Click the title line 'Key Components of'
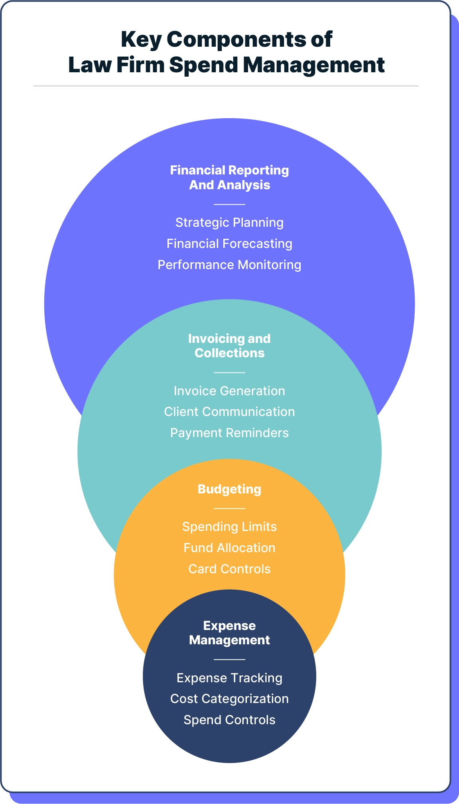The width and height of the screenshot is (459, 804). click(x=226, y=40)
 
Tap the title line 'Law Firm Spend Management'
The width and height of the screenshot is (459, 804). click(x=226, y=65)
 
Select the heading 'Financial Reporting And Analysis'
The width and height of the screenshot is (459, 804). click(x=229, y=178)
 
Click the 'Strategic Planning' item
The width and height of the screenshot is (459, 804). click(x=229, y=222)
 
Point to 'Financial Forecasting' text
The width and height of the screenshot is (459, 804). click(x=229, y=244)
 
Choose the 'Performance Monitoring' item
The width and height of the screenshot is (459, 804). click(x=229, y=265)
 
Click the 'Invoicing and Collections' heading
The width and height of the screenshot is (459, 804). click(x=229, y=346)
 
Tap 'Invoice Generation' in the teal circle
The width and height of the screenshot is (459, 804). click(x=229, y=391)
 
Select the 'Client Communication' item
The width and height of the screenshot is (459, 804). click(x=229, y=412)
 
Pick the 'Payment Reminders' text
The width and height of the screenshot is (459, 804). click(x=229, y=433)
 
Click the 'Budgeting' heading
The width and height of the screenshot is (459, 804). click(x=229, y=489)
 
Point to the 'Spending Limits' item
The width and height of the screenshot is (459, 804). click(x=229, y=527)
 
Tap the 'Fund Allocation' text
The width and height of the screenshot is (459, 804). click(x=229, y=548)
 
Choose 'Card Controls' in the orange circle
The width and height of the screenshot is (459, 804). click(x=229, y=569)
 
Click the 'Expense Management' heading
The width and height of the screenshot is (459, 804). click(x=229, y=633)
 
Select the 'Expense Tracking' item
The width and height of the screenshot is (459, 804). click(x=229, y=678)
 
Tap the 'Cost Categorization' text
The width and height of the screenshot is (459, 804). click(x=229, y=699)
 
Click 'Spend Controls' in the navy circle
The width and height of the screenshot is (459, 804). click(x=229, y=720)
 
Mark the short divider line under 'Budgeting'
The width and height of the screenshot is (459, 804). click(x=229, y=509)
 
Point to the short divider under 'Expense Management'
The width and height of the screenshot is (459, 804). click(x=229, y=659)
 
